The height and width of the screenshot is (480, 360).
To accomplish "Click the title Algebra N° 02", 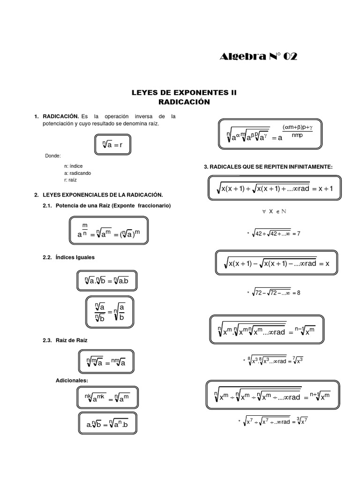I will click(x=258, y=57).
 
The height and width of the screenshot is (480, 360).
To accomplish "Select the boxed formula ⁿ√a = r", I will click(x=109, y=145).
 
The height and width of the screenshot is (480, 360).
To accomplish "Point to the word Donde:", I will click(x=53, y=156).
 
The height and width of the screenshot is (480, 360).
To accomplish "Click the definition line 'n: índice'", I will click(x=73, y=166).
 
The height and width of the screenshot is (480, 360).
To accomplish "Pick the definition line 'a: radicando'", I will click(x=78, y=173).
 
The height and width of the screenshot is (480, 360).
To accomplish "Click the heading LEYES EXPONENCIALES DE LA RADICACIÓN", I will click(x=102, y=194).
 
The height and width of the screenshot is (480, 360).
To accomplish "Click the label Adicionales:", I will click(x=72, y=379).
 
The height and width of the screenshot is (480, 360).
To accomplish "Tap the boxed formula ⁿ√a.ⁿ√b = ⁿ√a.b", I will click(x=107, y=281).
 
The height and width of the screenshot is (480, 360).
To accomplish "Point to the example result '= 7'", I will click(x=295, y=233).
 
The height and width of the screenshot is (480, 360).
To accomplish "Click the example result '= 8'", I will click(x=295, y=292).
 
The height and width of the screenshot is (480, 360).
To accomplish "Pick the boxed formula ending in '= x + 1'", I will click(x=275, y=188).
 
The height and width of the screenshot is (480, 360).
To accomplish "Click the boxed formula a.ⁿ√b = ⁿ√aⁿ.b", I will click(x=107, y=425).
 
